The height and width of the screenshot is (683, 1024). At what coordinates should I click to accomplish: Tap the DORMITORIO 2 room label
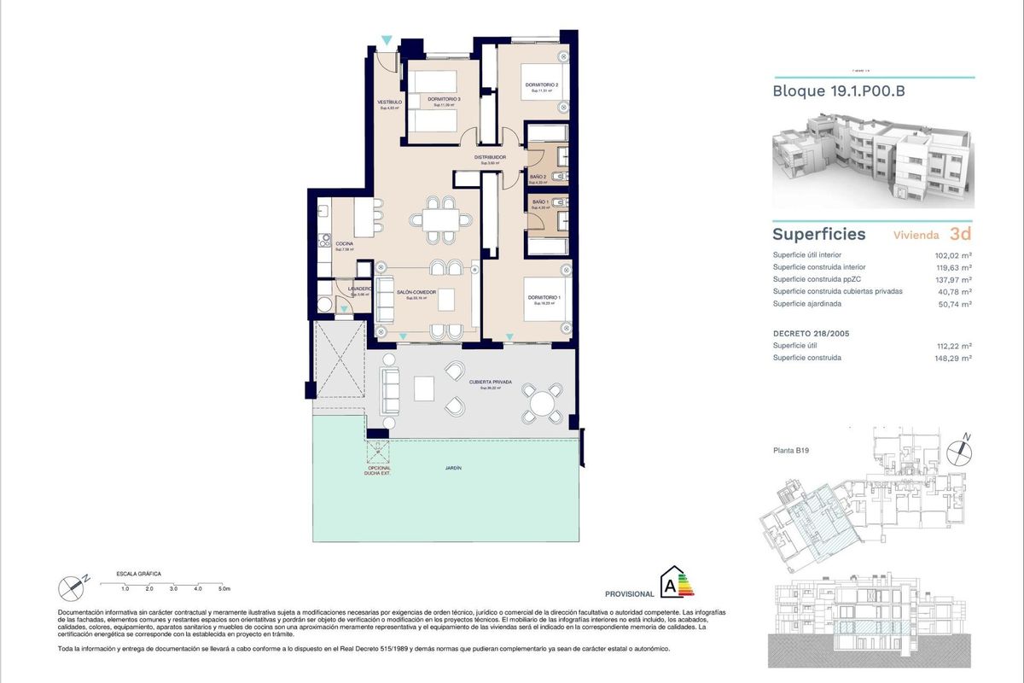542,85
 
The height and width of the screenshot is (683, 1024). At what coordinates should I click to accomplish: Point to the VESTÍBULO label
389,102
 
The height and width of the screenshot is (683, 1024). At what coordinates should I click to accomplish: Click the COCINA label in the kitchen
344,243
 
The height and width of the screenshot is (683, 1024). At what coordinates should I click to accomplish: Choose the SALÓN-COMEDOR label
416,292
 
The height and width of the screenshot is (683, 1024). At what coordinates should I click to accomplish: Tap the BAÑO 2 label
538,176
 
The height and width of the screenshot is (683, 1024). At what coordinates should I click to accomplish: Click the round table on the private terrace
543,402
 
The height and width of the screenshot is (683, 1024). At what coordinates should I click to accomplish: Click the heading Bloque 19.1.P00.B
838,91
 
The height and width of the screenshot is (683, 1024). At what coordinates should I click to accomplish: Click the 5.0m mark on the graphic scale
224,589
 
